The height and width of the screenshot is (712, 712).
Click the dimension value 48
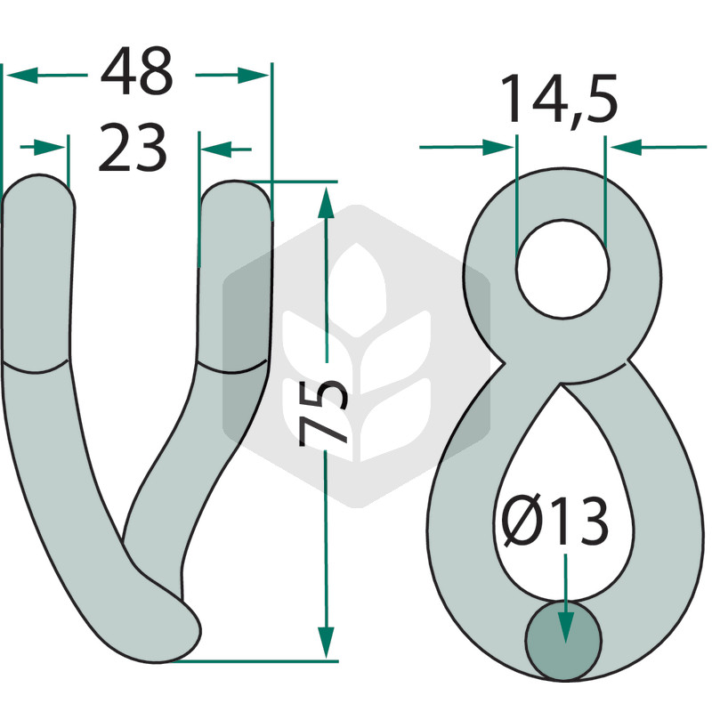137,71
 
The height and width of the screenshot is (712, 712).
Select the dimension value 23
133,148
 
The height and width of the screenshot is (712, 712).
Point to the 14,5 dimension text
559,100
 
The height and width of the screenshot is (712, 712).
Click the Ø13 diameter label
555,521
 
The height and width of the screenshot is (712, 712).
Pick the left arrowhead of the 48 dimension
21,76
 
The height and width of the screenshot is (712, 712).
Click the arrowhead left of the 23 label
50,148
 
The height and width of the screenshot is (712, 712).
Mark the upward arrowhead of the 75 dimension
326,203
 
